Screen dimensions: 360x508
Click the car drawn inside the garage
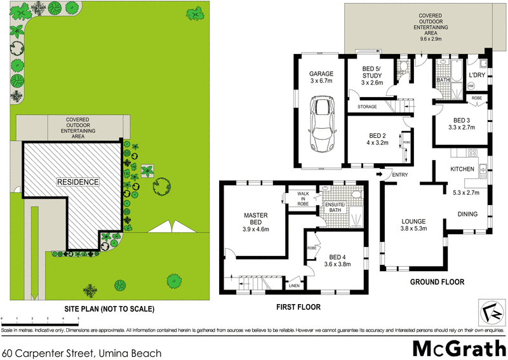pyautogui.click(x=321, y=124)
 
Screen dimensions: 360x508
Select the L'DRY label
pyautogui.click(x=477, y=74)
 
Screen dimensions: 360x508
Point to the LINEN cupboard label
pyautogui.click(x=294, y=286)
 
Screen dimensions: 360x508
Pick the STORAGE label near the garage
pyautogui.click(x=368, y=107)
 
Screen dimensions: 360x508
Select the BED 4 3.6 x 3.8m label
pyautogui.click(x=337, y=261)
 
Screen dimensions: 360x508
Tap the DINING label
pyautogui.click(x=468, y=214)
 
